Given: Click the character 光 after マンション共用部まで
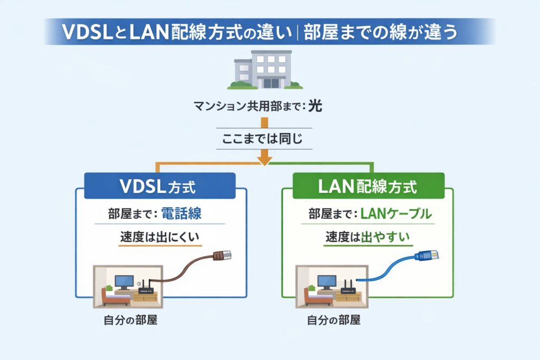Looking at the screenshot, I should coord(315,106).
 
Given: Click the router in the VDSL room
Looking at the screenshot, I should coord(146,288).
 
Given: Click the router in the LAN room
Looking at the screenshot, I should coord(348,288).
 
